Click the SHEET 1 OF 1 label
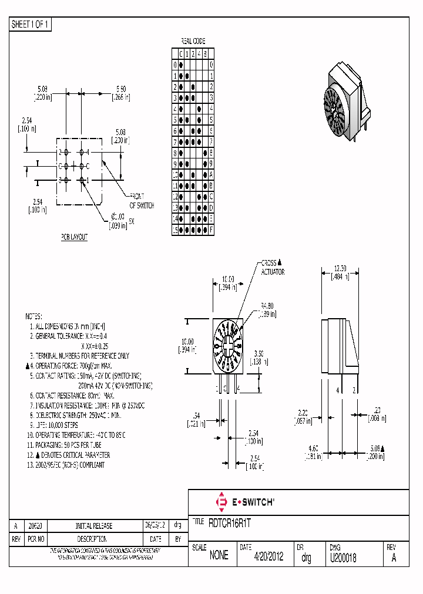pos(31,25)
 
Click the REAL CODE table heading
pos(192,42)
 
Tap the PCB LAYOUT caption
pos(74,237)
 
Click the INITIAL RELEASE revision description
pos(94,526)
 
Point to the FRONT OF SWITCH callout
pos(142,201)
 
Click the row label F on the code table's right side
pos(211,231)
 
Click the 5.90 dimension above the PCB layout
pos(120,93)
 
